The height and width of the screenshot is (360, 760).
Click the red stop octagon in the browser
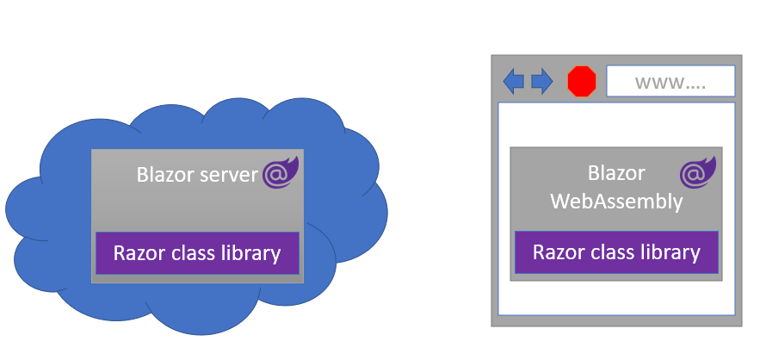582,82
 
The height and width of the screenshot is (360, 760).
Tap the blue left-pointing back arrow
514,82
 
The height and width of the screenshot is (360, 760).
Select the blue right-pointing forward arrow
542,82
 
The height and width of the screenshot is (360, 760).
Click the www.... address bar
670,82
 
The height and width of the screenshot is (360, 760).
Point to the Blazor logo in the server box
281,173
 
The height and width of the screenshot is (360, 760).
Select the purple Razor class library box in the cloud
197,253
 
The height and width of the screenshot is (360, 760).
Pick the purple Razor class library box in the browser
616,253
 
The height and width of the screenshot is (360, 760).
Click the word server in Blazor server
229,175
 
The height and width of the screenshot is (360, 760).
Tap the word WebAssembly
616,202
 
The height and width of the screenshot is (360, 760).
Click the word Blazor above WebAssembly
616,173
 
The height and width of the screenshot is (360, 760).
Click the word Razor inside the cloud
137,253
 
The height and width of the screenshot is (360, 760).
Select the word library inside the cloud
250,253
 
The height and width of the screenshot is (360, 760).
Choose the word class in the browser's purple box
611,252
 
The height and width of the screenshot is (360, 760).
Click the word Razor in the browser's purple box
556,252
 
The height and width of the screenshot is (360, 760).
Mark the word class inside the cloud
191,253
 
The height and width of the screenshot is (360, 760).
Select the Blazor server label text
197,175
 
